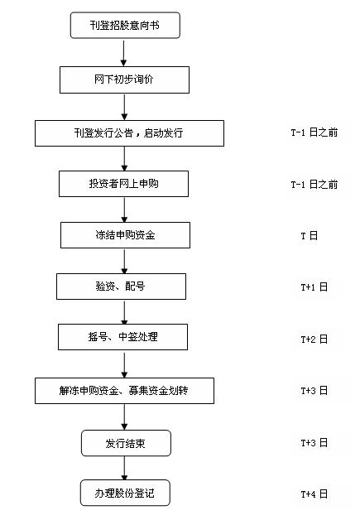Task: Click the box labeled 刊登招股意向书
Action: coord(125,25)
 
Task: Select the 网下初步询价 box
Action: coord(124,79)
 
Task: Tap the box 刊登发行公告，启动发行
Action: coord(129,133)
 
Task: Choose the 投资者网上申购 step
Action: coord(123,184)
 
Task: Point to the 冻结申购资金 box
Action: coord(125,235)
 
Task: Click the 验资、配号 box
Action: coord(121,286)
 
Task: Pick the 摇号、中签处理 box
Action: coord(122,337)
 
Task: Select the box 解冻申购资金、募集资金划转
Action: coord(124,391)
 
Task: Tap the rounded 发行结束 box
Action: coord(126,443)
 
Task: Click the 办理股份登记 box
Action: coord(125,493)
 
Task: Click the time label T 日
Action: coord(310,236)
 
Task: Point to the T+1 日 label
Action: coord(314,287)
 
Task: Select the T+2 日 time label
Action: coord(314,339)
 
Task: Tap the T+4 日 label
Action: coord(314,494)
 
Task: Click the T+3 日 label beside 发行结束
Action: coord(314,443)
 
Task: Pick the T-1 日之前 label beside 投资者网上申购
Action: coord(314,185)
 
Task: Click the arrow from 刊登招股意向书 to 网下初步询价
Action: coord(123,53)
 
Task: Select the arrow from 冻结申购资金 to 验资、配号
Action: coord(124,261)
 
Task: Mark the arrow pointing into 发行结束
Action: coord(124,416)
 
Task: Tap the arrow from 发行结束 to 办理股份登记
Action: coord(124,468)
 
